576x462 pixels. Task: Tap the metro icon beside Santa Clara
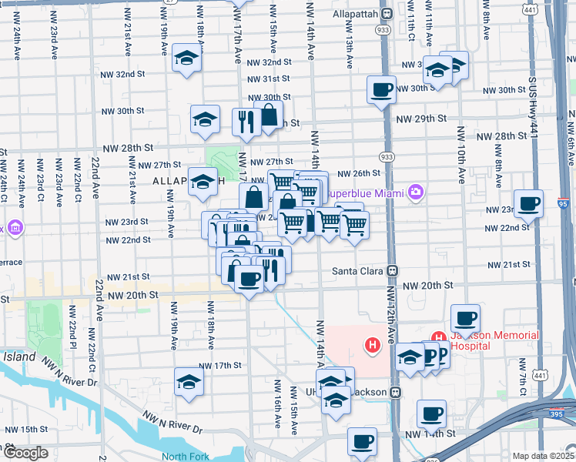pos(393,271)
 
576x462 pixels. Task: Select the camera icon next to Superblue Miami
pos(417,191)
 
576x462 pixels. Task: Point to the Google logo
pos(25,453)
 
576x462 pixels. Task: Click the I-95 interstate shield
pos(563,204)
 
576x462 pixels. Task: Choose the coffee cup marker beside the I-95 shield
pos(528,204)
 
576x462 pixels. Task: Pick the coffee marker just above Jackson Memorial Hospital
pos(465,318)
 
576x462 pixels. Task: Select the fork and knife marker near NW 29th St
pos(246,122)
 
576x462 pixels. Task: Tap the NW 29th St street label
pos(421,119)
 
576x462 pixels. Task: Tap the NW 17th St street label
pos(220,365)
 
